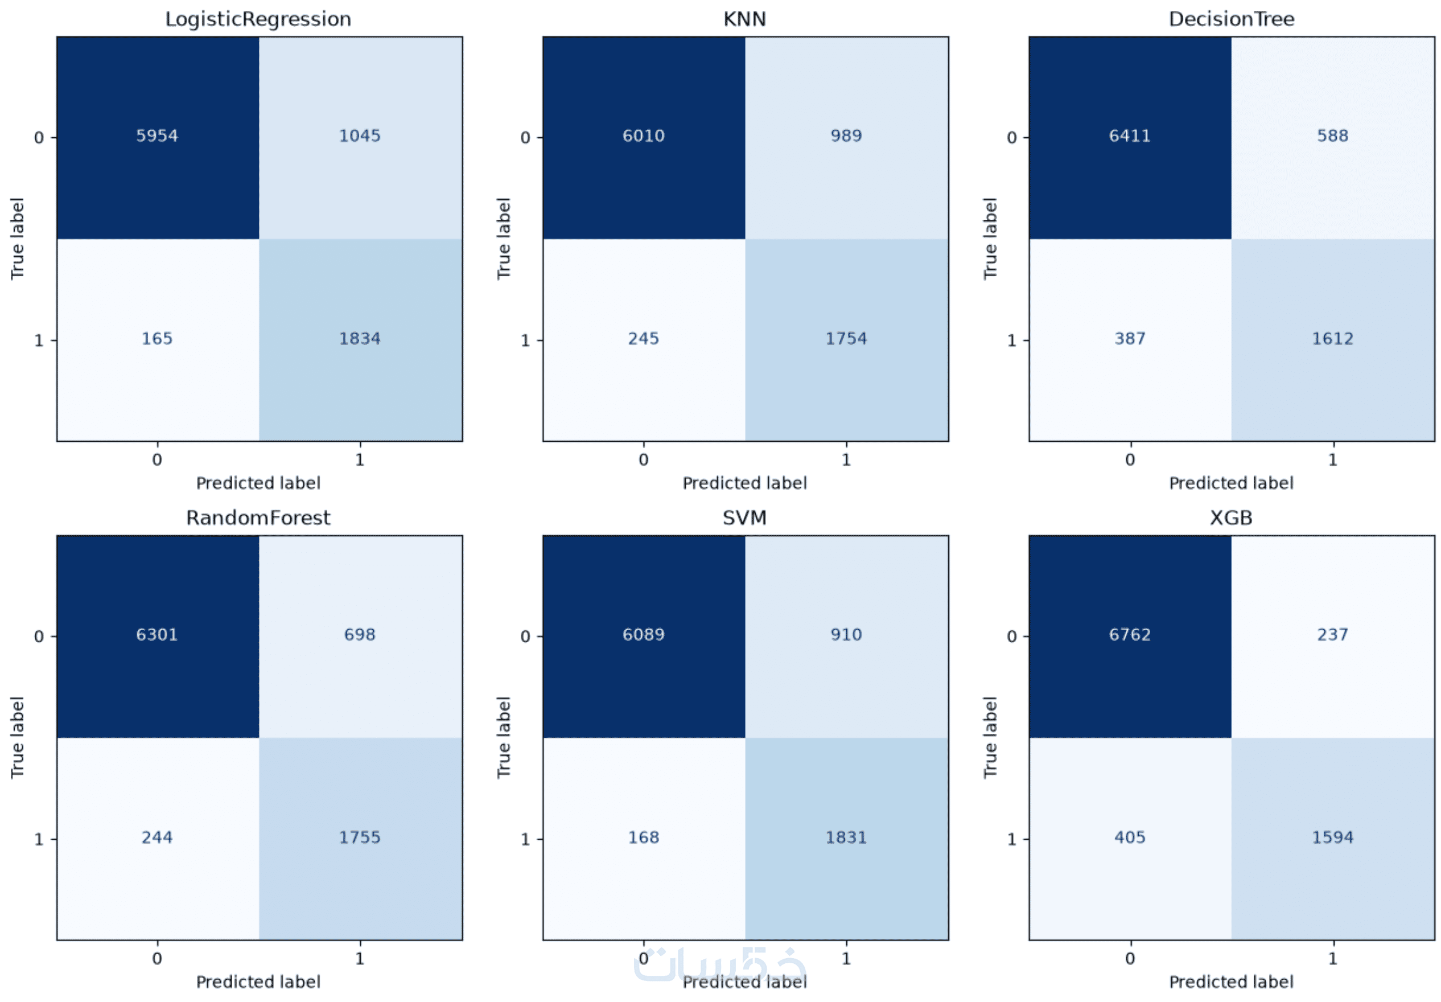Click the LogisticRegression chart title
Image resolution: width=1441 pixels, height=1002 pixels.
258,19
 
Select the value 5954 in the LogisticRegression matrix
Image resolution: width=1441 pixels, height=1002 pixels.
157,135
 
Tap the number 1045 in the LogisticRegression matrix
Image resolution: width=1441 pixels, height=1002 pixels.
360,135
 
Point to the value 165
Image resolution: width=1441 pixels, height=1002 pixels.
157,338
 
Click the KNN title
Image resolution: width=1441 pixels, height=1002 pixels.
745,19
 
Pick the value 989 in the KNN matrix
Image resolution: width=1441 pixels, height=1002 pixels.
846,135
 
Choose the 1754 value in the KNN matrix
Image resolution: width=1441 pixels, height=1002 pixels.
846,338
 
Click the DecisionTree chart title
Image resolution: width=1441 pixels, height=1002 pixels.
1232,19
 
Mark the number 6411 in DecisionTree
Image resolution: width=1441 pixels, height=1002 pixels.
1130,135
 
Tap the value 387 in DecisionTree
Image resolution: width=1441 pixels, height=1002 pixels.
1130,338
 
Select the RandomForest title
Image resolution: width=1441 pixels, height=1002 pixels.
258,518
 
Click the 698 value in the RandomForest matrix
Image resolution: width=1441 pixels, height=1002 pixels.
360,634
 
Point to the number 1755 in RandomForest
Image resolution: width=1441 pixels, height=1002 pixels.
360,837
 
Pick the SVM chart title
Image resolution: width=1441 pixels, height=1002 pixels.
745,518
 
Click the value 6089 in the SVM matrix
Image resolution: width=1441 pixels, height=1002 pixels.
643,634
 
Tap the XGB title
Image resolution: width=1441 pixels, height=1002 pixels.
1232,518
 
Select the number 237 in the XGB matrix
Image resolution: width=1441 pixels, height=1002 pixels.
1332,634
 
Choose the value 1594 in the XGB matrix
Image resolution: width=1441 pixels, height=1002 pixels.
1332,837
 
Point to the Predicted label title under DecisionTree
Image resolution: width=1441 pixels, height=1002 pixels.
1232,483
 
